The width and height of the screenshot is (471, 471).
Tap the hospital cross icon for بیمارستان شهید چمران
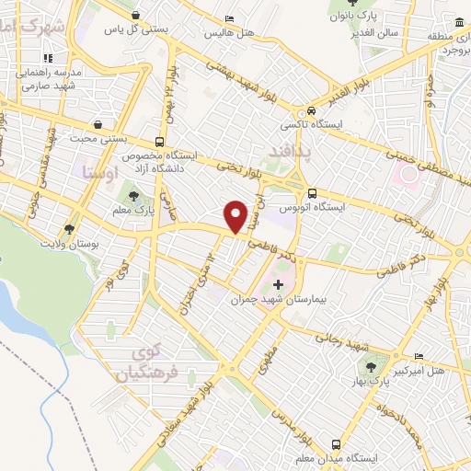tap(279, 286)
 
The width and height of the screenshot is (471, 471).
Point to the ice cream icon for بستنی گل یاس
tap(137, 16)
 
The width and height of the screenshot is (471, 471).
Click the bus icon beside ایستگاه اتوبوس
tap(313, 193)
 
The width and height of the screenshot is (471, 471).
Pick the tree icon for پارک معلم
tap(134, 196)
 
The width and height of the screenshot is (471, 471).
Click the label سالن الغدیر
tap(385, 31)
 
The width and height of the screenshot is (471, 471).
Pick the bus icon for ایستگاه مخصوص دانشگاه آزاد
tap(160, 143)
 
